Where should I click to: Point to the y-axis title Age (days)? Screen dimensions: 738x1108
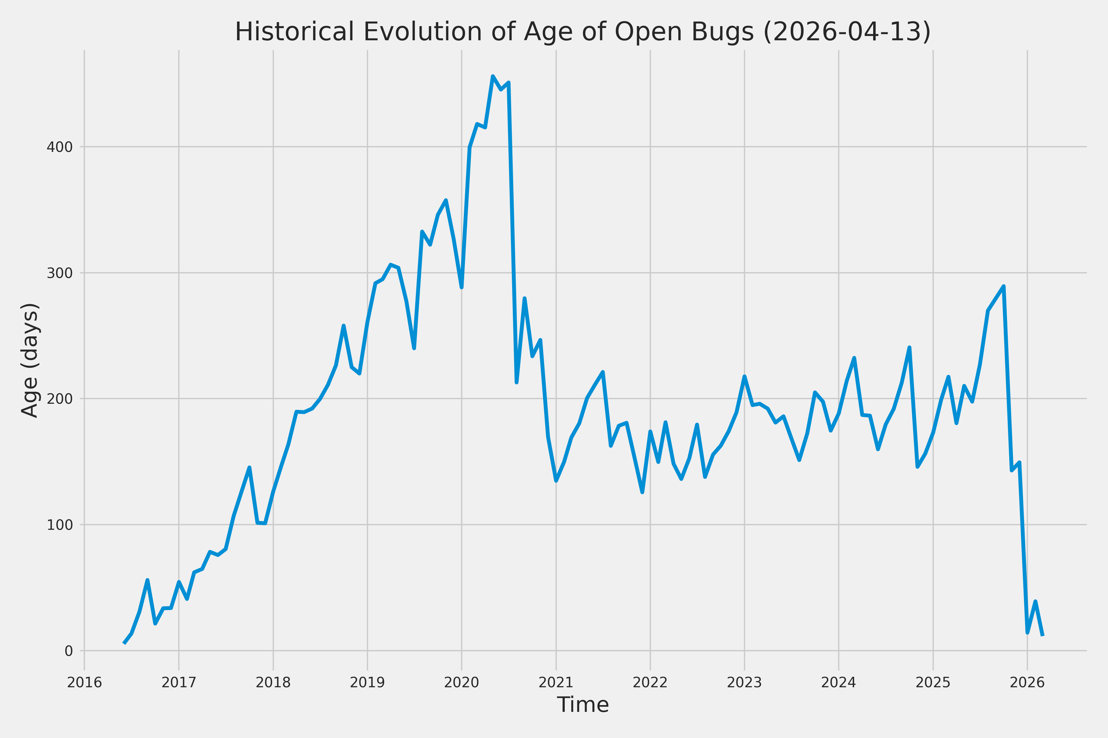pyautogui.click(x=30, y=360)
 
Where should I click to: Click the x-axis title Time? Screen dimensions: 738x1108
pyautogui.click(x=583, y=704)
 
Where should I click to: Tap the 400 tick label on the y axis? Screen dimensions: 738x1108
pyautogui.click(x=59, y=147)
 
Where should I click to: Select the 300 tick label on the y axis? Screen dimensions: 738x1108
pyautogui.click(x=59, y=273)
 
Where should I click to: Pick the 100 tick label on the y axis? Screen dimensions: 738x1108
pyautogui.click(x=59, y=525)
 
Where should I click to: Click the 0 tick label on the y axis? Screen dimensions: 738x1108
pyautogui.click(x=68, y=651)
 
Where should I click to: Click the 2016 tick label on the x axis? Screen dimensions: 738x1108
pyautogui.click(x=84, y=682)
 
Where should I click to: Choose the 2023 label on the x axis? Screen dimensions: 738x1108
pyautogui.click(x=744, y=682)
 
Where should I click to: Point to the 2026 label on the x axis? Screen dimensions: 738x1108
pyautogui.click(x=1027, y=682)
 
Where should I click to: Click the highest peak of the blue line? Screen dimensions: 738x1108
pyautogui.click(x=493, y=76)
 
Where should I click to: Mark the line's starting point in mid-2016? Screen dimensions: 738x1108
pyautogui.click(x=124, y=643)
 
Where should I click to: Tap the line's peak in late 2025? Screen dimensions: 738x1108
pyautogui.click(x=1003, y=286)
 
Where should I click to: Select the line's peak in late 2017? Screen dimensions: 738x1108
pyautogui.click(x=249, y=467)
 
